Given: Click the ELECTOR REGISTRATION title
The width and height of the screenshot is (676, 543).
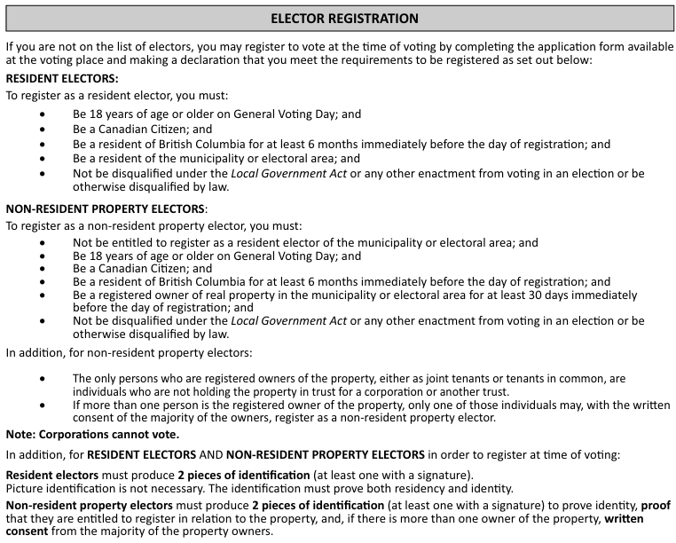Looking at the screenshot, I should coord(343,18).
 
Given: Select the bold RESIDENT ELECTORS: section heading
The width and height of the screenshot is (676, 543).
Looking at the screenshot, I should coord(62,79).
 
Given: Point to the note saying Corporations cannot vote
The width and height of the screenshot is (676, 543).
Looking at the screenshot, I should coord(92,434).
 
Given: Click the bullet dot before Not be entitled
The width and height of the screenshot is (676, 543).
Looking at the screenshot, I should coord(44,242).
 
